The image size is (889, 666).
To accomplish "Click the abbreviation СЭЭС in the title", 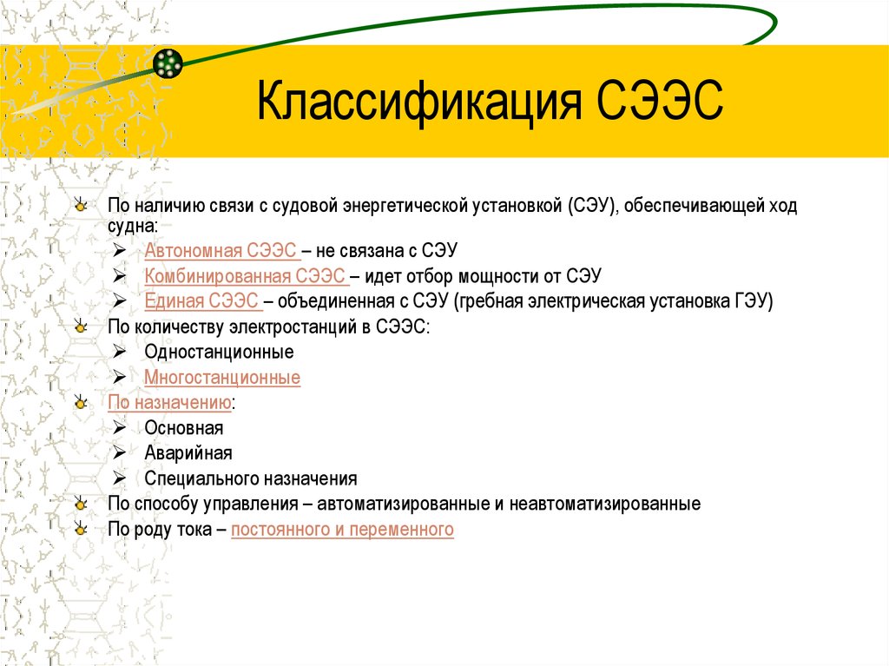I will coord(661,102).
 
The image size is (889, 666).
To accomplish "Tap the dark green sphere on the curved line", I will coord(168,63).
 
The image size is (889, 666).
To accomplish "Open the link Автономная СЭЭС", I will coord(222,251).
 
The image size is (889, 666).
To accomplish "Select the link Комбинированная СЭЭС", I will coord(247,276).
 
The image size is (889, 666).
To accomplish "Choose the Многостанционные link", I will coord(222,378).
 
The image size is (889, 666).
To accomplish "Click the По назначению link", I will coord(169,403).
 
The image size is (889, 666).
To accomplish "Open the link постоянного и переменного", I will coord(342,529).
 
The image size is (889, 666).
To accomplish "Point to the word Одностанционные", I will coord(219,353).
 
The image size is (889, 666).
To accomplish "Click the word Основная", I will coord(184,428).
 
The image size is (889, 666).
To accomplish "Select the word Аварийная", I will coord(188,453).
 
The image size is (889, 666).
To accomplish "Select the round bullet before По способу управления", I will coord(81,504).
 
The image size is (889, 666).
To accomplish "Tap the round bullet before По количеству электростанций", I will coord(81,327).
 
